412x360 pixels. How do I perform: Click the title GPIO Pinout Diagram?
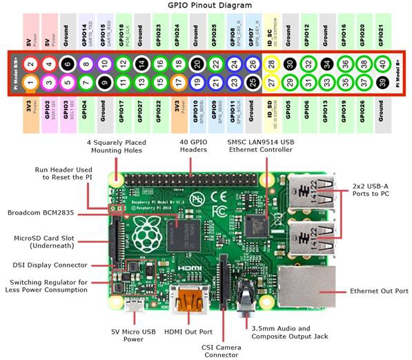(x=206, y=6)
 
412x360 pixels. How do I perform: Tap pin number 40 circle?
(x=382, y=63)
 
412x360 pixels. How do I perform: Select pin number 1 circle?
(x=30, y=83)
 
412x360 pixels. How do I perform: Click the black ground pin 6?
(x=67, y=63)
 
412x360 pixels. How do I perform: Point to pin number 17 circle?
(x=177, y=83)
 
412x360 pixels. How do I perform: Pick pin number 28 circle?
(x=271, y=63)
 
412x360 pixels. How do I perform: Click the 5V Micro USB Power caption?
(x=128, y=335)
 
